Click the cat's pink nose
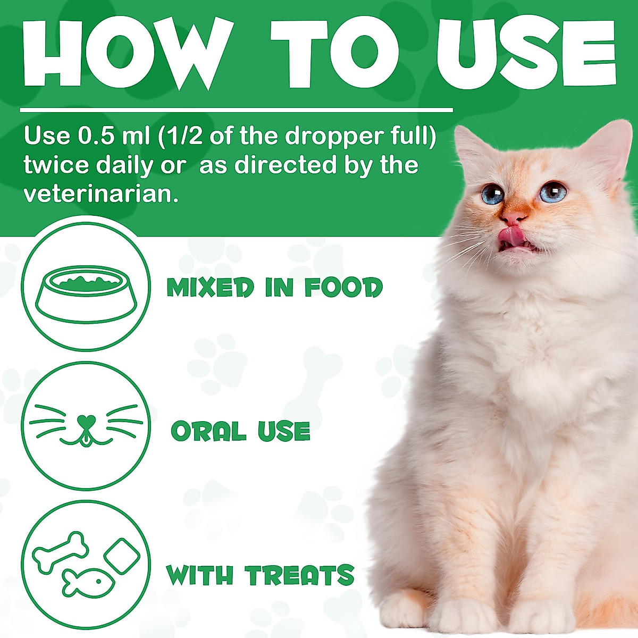coord(514,217)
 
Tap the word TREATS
coord(299,576)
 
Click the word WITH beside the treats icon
coord(199,576)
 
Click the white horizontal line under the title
coord(236,111)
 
